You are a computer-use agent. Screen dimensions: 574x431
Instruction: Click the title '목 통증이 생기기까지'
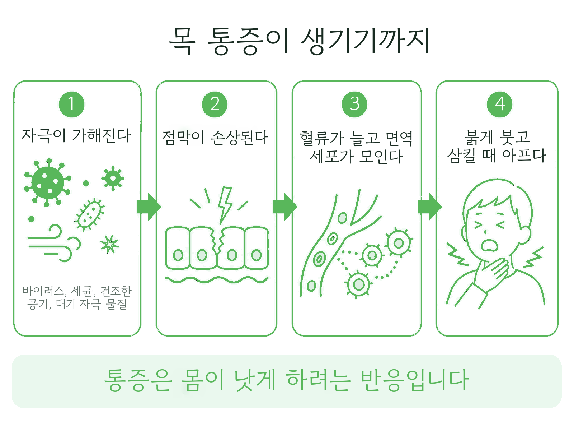[x=300, y=41]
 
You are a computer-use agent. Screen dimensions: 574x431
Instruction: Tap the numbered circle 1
[x=71, y=104]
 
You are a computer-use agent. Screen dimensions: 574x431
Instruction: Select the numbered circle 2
[x=215, y=104]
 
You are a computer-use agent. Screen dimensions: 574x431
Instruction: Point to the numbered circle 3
[x=354, y=104]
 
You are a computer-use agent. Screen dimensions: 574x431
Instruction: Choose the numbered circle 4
[x=499, y=104]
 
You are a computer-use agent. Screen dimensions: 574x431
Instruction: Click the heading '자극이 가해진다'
[x=76, y=136]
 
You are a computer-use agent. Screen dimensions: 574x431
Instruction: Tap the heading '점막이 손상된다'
[x=215, y=138]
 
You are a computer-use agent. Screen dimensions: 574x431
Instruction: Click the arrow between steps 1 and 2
[x=149, y=207]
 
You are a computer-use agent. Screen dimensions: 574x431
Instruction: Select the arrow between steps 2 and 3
[x=285, y=207]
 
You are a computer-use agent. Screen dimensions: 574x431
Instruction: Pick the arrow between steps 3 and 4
[x=430, y=207]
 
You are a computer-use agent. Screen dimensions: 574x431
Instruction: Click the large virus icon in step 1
[x=48, y=183]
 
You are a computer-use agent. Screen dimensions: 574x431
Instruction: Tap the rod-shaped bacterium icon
[x=89, y=214]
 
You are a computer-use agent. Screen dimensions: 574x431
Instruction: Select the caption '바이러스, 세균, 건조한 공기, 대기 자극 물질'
[x=77, y=297]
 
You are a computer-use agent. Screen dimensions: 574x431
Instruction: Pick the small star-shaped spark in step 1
[x=110, y=245]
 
